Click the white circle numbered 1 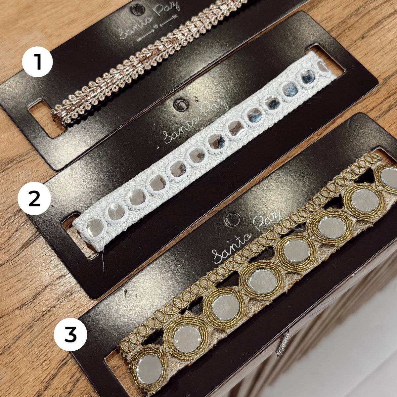37,62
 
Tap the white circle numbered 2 34,198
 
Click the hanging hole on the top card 137,9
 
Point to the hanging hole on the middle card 181,105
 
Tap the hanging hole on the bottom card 233,219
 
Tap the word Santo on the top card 135,28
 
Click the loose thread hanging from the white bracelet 103,261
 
